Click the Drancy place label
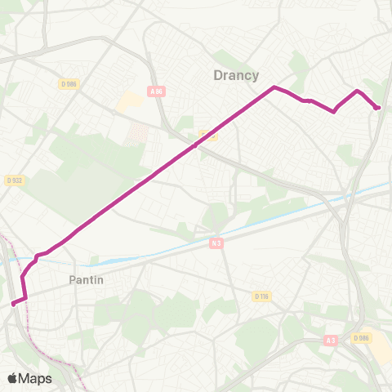point(236,75)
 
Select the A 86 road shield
point(158,91)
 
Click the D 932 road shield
point(12,180)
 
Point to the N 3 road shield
point(216,243)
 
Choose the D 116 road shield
point(261,296)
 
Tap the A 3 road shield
point(329,340)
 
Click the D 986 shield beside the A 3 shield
point(362,337)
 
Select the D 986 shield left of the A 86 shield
point(68,83)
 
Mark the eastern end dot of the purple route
point(376,107)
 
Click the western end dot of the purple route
point(14,303)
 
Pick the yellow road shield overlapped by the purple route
point(208,136)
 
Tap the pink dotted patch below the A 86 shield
point(140,132)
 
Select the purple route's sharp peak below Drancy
point(274,87)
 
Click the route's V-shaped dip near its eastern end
point(334,111)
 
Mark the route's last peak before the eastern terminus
point(358,91)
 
